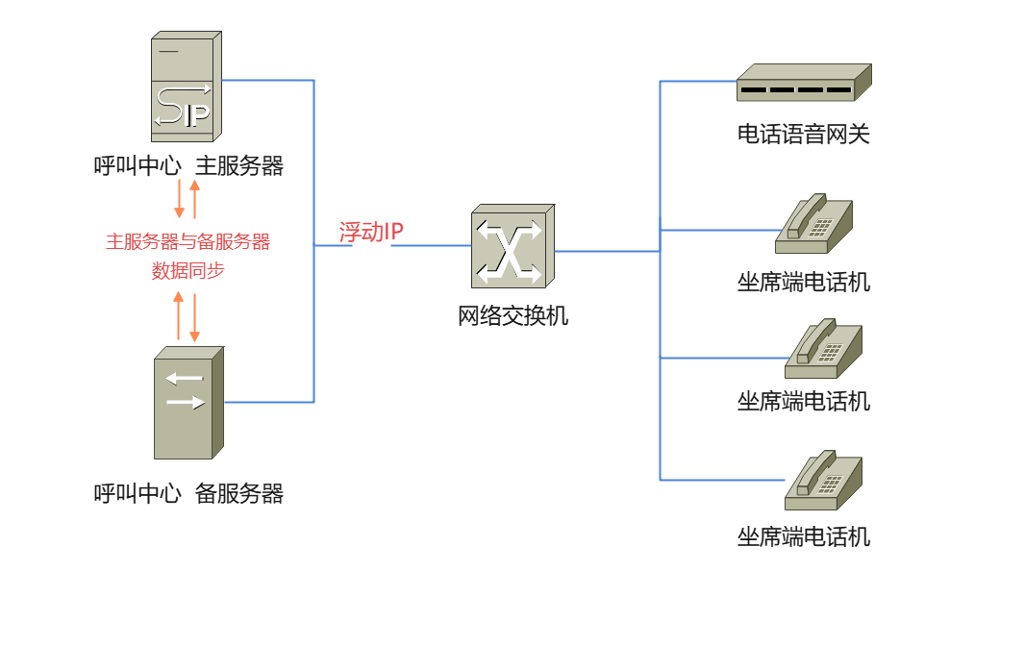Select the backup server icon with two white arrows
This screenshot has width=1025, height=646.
[188, 403]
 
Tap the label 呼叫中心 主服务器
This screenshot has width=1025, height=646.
[188, 166]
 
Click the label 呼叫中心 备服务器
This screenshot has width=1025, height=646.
[188, 494]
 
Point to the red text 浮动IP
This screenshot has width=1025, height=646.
[371, 232]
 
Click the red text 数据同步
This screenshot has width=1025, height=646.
[188, 271]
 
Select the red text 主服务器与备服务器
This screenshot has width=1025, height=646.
[188, 241]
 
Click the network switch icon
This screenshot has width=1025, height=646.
[512, 247]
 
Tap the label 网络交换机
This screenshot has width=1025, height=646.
[512, 315]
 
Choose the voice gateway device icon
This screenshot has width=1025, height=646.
[803, 84]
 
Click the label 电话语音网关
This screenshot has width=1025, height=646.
[803, 135]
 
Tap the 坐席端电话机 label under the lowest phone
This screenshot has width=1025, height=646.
[803, 536]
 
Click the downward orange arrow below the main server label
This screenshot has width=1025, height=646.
[179, 199]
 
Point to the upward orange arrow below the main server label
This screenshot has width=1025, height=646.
[194, 199]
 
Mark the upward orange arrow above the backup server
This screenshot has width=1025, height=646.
[178, 316]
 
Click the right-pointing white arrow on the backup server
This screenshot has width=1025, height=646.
[186, 402]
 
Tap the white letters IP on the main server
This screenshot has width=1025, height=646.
[196, 116]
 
